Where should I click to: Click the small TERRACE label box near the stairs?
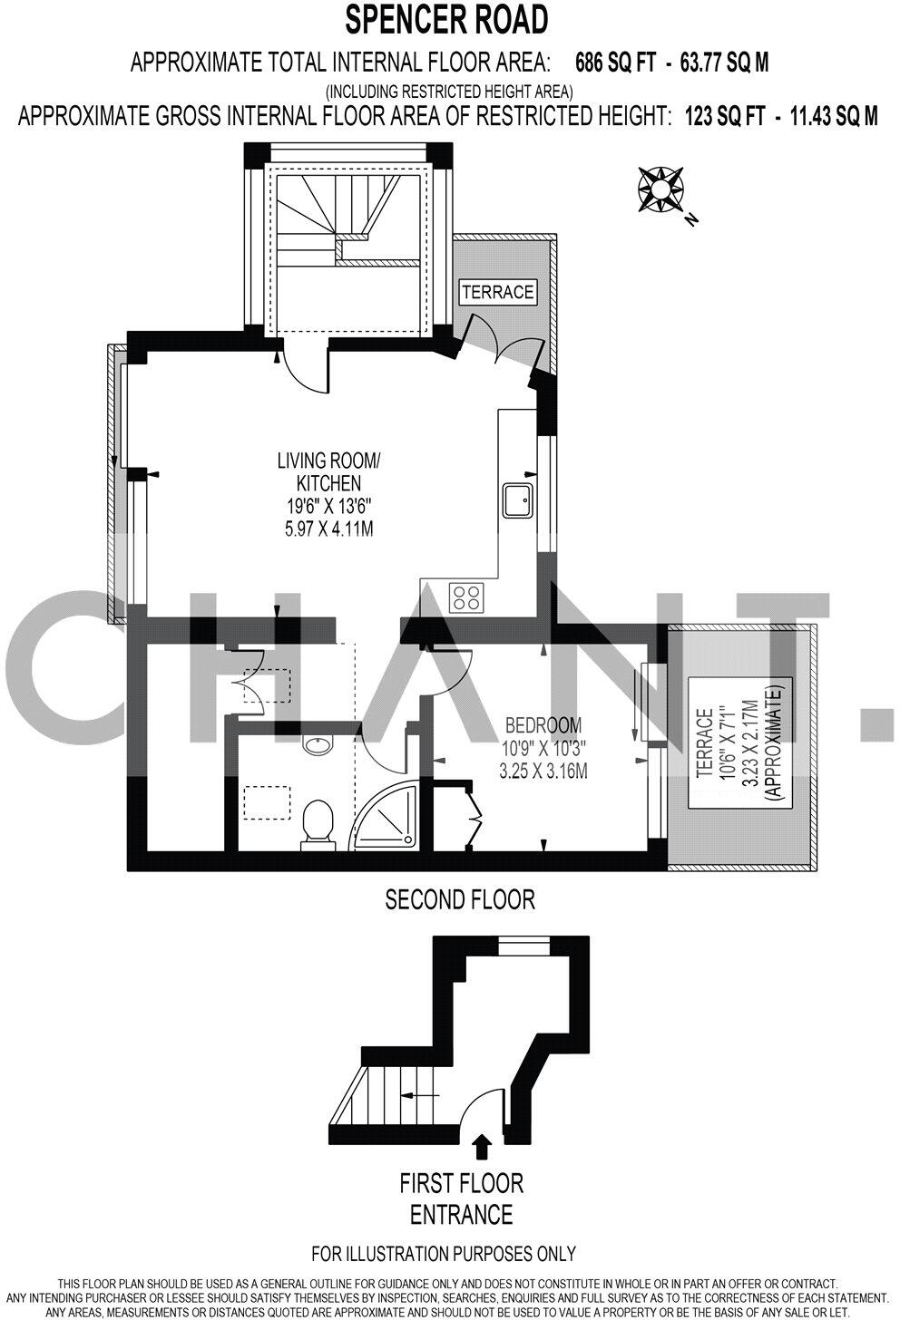(x=497, y=292)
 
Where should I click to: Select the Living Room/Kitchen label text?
(x=328, y=471)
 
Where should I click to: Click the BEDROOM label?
(x=543, y=725)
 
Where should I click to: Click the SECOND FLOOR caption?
(x=460, y=899)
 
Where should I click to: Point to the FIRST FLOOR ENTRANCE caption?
(x=462, y=1199)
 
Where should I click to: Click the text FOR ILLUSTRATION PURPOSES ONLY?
(x=444, y=1255)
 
